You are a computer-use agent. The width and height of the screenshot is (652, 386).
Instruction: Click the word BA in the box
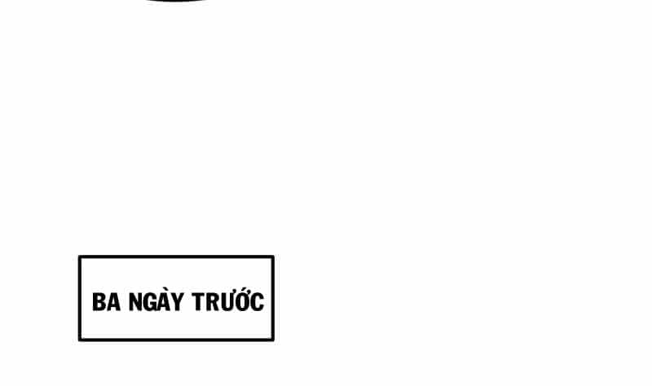click(x=107, y=302)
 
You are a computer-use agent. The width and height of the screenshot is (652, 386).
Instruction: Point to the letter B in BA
click(x=99, y=302)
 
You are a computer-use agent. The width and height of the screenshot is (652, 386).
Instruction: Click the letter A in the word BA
click(x=113, y=302)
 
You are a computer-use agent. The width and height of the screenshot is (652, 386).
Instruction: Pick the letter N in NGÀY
click(x=136, y=302)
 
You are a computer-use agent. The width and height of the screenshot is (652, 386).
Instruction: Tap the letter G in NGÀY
click(x=151, y=302)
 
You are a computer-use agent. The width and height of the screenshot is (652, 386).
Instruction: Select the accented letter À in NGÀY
click(x=165, y=300)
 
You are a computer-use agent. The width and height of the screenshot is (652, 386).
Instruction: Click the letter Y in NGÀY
click(x=178, y=302)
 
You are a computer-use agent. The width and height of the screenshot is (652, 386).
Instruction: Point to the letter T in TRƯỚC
click(x=198, y=302)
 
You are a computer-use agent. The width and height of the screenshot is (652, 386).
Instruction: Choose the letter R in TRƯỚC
click(x=212, y=302)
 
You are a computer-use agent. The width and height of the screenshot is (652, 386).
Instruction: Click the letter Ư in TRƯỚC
click(x=227, y=301)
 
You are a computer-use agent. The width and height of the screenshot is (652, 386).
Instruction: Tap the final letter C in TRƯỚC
click(x=258, y=302)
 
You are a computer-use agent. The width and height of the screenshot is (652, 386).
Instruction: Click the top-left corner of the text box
click(x=79, y=257)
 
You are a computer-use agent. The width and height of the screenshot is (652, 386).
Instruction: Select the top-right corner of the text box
click(x=273, y=257)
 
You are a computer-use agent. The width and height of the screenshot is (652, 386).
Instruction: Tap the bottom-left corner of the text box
click(x=79, y=340)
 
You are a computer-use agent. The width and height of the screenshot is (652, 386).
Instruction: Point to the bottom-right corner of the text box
click(x=273, y=340)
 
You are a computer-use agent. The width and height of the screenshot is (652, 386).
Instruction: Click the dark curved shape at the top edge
click(x=177, y=1)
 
